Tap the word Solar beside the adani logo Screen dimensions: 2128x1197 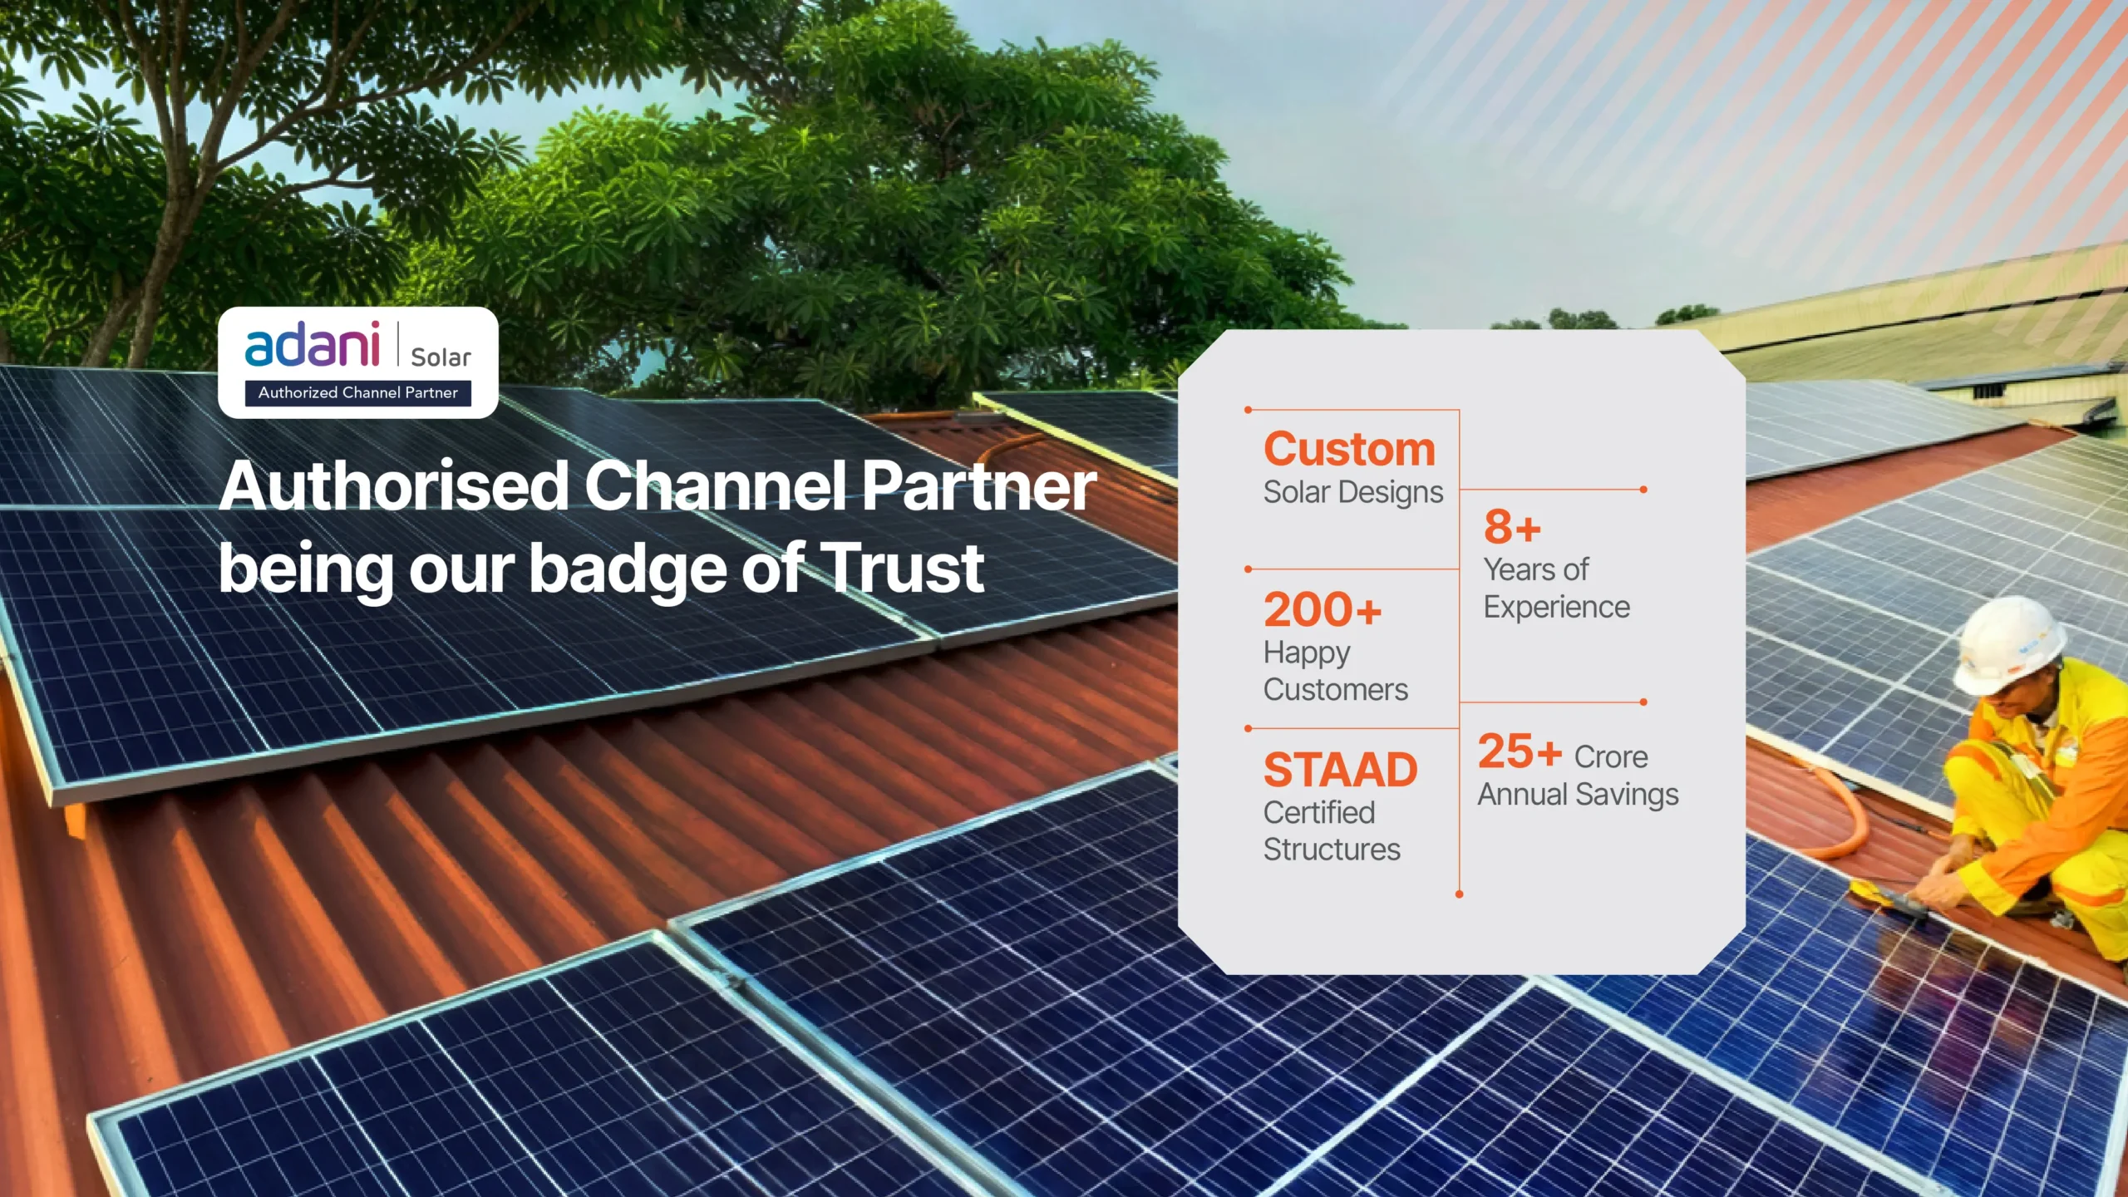441,357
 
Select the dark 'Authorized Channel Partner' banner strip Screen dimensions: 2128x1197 357,392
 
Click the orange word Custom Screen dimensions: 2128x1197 1349,450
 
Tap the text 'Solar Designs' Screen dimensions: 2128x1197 1353,492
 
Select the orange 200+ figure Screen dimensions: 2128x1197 1323,609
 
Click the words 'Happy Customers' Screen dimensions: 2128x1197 1336,672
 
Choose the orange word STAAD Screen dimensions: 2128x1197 1341,770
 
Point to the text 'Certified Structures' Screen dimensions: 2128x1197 1332,831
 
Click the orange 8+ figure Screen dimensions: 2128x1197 1513,526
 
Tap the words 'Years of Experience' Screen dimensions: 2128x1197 1557,589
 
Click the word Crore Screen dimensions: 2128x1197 1611,757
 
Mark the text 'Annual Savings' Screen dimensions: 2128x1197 1579,795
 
